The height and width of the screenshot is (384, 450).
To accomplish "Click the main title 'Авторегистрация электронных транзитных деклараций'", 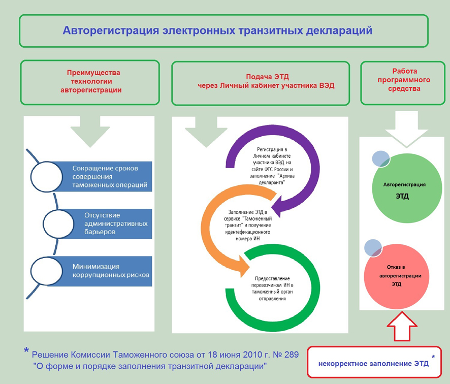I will coord(217,30).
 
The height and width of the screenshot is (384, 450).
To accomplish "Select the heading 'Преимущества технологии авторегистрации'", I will coord(90,81).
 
